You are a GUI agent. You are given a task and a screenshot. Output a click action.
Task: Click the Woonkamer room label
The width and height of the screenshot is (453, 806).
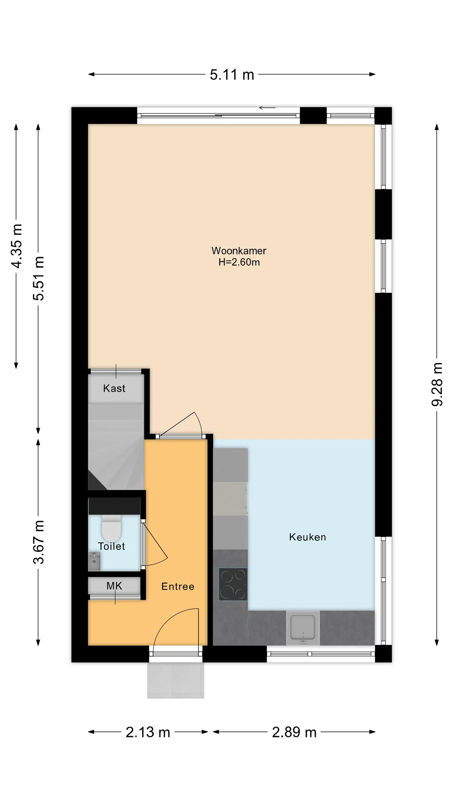point(239,251)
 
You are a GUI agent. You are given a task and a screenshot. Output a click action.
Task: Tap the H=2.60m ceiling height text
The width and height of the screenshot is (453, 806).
point(239,262)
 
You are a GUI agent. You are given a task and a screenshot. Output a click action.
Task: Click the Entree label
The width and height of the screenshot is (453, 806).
point(178,586)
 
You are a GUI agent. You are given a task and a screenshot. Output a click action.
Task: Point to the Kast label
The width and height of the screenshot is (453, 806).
point(114,388)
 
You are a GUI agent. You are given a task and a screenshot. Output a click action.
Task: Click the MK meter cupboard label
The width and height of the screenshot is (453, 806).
point(114,586)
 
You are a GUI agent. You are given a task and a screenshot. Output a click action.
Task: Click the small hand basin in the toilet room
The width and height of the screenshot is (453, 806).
point(94,561)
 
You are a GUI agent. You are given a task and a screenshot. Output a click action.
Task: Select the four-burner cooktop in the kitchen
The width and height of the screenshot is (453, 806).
point(233,584)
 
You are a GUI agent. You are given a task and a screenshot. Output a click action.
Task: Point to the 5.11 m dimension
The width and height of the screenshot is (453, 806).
point(232,75)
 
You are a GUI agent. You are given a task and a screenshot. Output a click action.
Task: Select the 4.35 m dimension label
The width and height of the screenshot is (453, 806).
point(17,246)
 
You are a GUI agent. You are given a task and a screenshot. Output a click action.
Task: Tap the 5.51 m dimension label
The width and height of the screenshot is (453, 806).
point(38,278)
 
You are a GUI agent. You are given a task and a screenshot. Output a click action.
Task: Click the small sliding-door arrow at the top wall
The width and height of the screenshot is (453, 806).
point(267,108)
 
